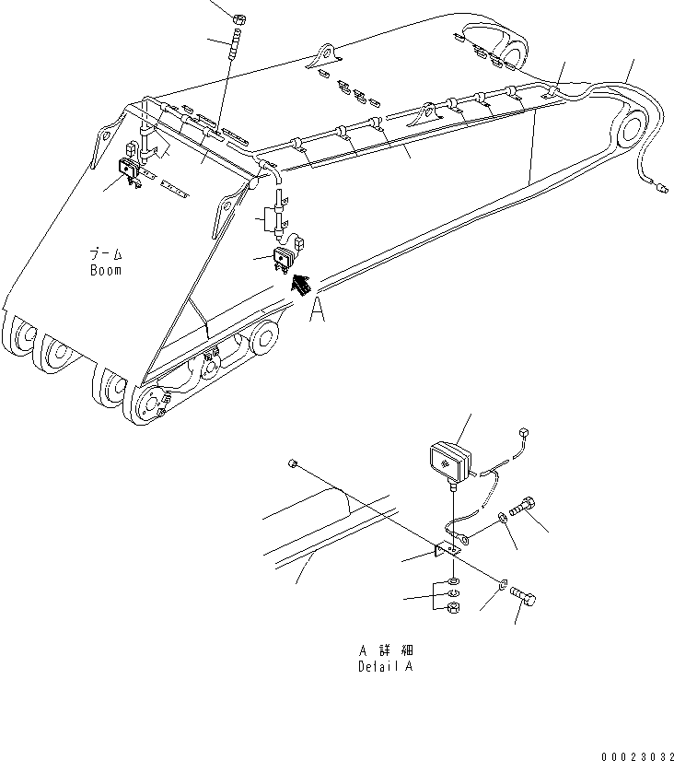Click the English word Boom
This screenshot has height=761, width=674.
point(106,271)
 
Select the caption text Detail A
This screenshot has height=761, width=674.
point(385,666)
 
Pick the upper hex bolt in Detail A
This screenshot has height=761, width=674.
point(526,506)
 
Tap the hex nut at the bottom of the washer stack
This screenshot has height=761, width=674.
point(453,609)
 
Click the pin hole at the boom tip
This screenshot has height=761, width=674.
point(634,129)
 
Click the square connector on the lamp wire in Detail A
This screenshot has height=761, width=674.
point(523,431)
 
